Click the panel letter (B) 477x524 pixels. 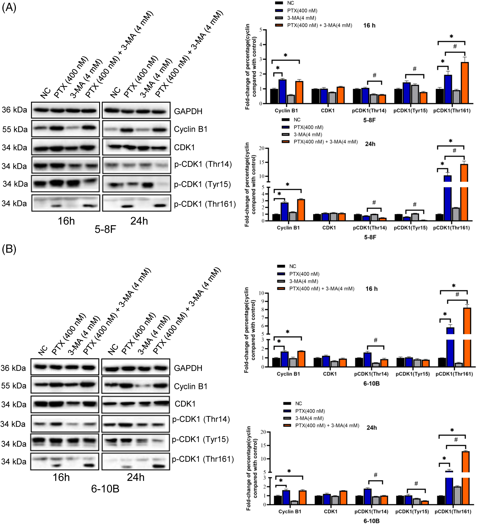(9, 249)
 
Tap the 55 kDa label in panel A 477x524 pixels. (15, 129)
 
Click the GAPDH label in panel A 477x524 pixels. (188, 111)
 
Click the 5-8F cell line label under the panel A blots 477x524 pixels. (105, 229)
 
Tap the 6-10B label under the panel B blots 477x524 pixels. (105, 489)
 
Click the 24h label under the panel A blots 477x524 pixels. (139, 221)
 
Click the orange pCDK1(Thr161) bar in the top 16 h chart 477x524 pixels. (465, 83)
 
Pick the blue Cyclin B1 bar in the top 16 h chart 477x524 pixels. (282, 92)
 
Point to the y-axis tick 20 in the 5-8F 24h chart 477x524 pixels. (261, 148)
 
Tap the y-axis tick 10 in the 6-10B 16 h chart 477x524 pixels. (261, 293)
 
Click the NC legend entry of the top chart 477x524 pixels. (290, 3)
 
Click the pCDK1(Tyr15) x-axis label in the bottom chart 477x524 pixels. (412, 511)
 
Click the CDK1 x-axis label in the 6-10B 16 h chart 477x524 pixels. (330, 374)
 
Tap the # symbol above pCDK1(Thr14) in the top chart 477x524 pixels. (374, 75)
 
